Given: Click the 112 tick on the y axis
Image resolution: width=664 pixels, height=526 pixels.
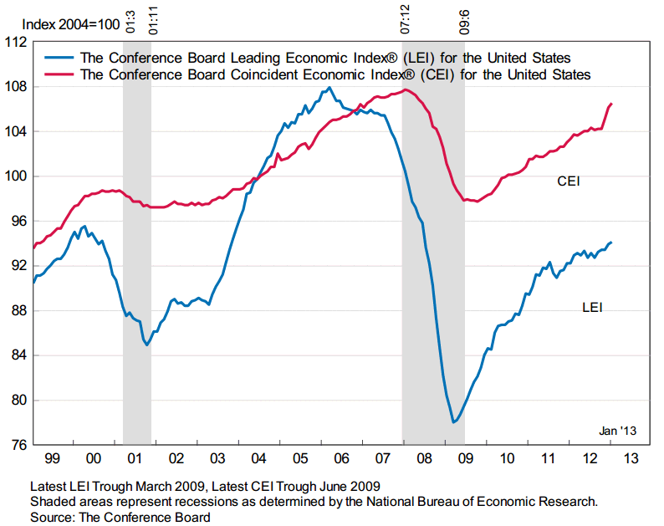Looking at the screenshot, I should click(16, 42).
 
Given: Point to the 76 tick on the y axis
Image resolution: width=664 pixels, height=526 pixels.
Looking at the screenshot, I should click(16, 445).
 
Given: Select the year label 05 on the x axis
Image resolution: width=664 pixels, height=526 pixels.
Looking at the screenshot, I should click(299, 459).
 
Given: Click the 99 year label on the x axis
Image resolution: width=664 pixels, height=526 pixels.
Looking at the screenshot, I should click(53, 459).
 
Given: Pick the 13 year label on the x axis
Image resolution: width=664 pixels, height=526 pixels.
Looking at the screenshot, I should click(630, 459).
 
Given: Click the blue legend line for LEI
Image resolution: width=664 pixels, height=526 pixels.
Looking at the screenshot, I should click(59, 58).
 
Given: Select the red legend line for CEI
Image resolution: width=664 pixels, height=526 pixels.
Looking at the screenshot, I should click(59, 74).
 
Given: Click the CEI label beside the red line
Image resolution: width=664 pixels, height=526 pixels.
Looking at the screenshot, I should click(569, 181).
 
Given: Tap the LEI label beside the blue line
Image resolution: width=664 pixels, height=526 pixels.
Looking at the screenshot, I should click(592, 308).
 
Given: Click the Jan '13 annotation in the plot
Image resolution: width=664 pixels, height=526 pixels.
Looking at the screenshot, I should click(618, 431).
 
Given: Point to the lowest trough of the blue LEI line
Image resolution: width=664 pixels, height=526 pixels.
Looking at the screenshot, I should click(453, 422).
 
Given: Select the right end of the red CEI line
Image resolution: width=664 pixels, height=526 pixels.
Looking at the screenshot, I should click(611, 104).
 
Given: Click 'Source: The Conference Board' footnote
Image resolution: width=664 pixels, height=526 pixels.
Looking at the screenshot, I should click(120, 517).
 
